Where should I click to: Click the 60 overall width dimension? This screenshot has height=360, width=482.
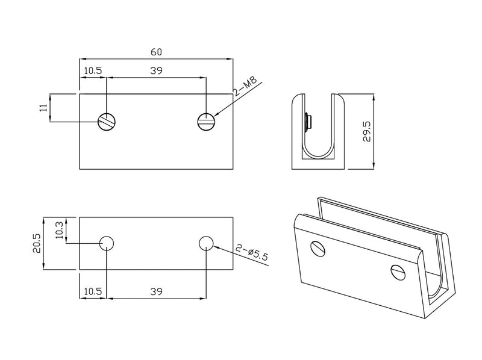click(156, 52)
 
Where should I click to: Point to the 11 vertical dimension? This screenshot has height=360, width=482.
click(43, 108)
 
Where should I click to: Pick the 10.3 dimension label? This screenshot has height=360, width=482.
click(59, 230)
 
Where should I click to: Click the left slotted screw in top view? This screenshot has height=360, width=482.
click(107, 122)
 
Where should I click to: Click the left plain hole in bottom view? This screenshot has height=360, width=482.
click(107, 243)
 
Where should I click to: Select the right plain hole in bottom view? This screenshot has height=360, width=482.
click(206, 243)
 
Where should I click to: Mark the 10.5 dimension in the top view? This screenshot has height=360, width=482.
click(93, 70)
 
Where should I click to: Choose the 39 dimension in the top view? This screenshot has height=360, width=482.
click(156, 70)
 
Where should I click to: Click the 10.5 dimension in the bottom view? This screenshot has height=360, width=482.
click(93, 291)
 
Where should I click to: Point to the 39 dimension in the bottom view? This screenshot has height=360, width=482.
click(156, 291)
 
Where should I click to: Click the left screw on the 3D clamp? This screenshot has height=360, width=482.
click(318, 248)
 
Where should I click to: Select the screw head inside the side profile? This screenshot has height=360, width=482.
click(308, 123)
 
